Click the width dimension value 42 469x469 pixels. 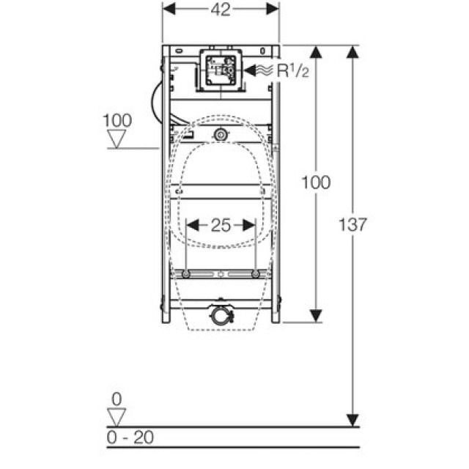tap(221, 9)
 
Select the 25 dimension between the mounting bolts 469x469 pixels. tap(221, 226)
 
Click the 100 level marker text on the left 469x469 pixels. tap(117, 119)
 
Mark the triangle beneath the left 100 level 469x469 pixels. tap(117, 139)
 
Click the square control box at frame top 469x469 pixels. tap(219, 71)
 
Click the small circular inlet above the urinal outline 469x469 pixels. tap(220, 135)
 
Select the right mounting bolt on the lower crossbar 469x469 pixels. tap(254, 274)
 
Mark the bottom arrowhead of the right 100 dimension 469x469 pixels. tap(315, 314)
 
